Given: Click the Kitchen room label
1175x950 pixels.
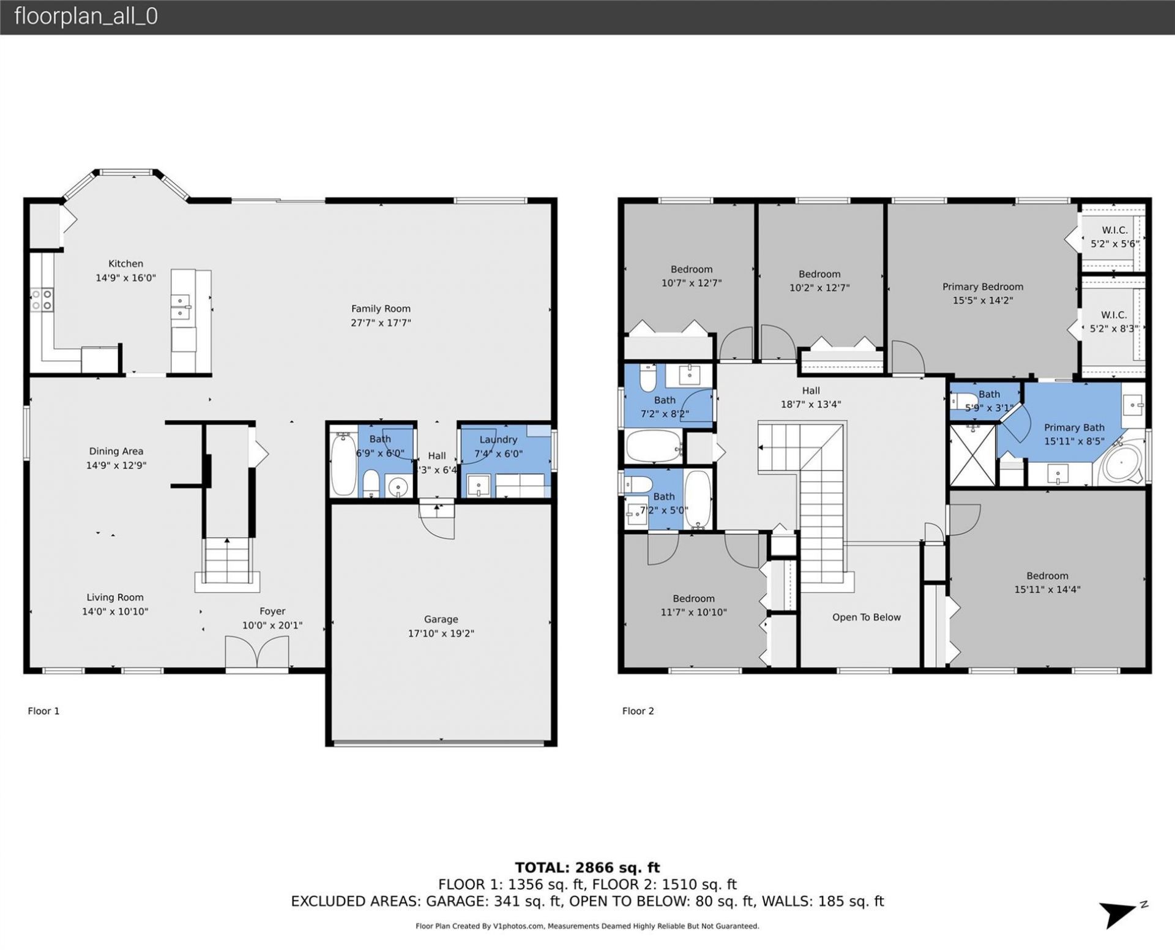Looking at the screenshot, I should pos(125,264).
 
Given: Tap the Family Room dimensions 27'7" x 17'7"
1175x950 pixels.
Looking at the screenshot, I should pos(380,323).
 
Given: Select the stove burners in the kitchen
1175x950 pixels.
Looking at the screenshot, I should pos(42,299).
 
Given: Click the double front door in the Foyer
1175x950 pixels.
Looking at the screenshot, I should pos(257,653).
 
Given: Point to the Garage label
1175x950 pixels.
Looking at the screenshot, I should pos(441,619).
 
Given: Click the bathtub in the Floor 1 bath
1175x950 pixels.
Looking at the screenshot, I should pos(343,464).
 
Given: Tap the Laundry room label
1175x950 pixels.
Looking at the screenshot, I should pos(498,439).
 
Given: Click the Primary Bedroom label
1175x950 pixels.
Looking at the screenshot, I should pos(982,286).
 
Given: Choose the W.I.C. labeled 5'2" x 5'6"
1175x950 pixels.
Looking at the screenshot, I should pos(1114,237).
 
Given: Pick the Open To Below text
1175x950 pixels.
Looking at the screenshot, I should pos(866,617).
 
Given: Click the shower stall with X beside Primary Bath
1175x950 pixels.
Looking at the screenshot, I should pos(972,455).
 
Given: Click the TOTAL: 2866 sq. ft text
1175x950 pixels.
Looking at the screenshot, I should pos(587,867).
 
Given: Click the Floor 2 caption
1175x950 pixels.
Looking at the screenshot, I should pos(638,711).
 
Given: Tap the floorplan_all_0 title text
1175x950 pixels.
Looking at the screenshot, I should pos(86,16).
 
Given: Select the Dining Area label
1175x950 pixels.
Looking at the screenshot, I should pos(116,451).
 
